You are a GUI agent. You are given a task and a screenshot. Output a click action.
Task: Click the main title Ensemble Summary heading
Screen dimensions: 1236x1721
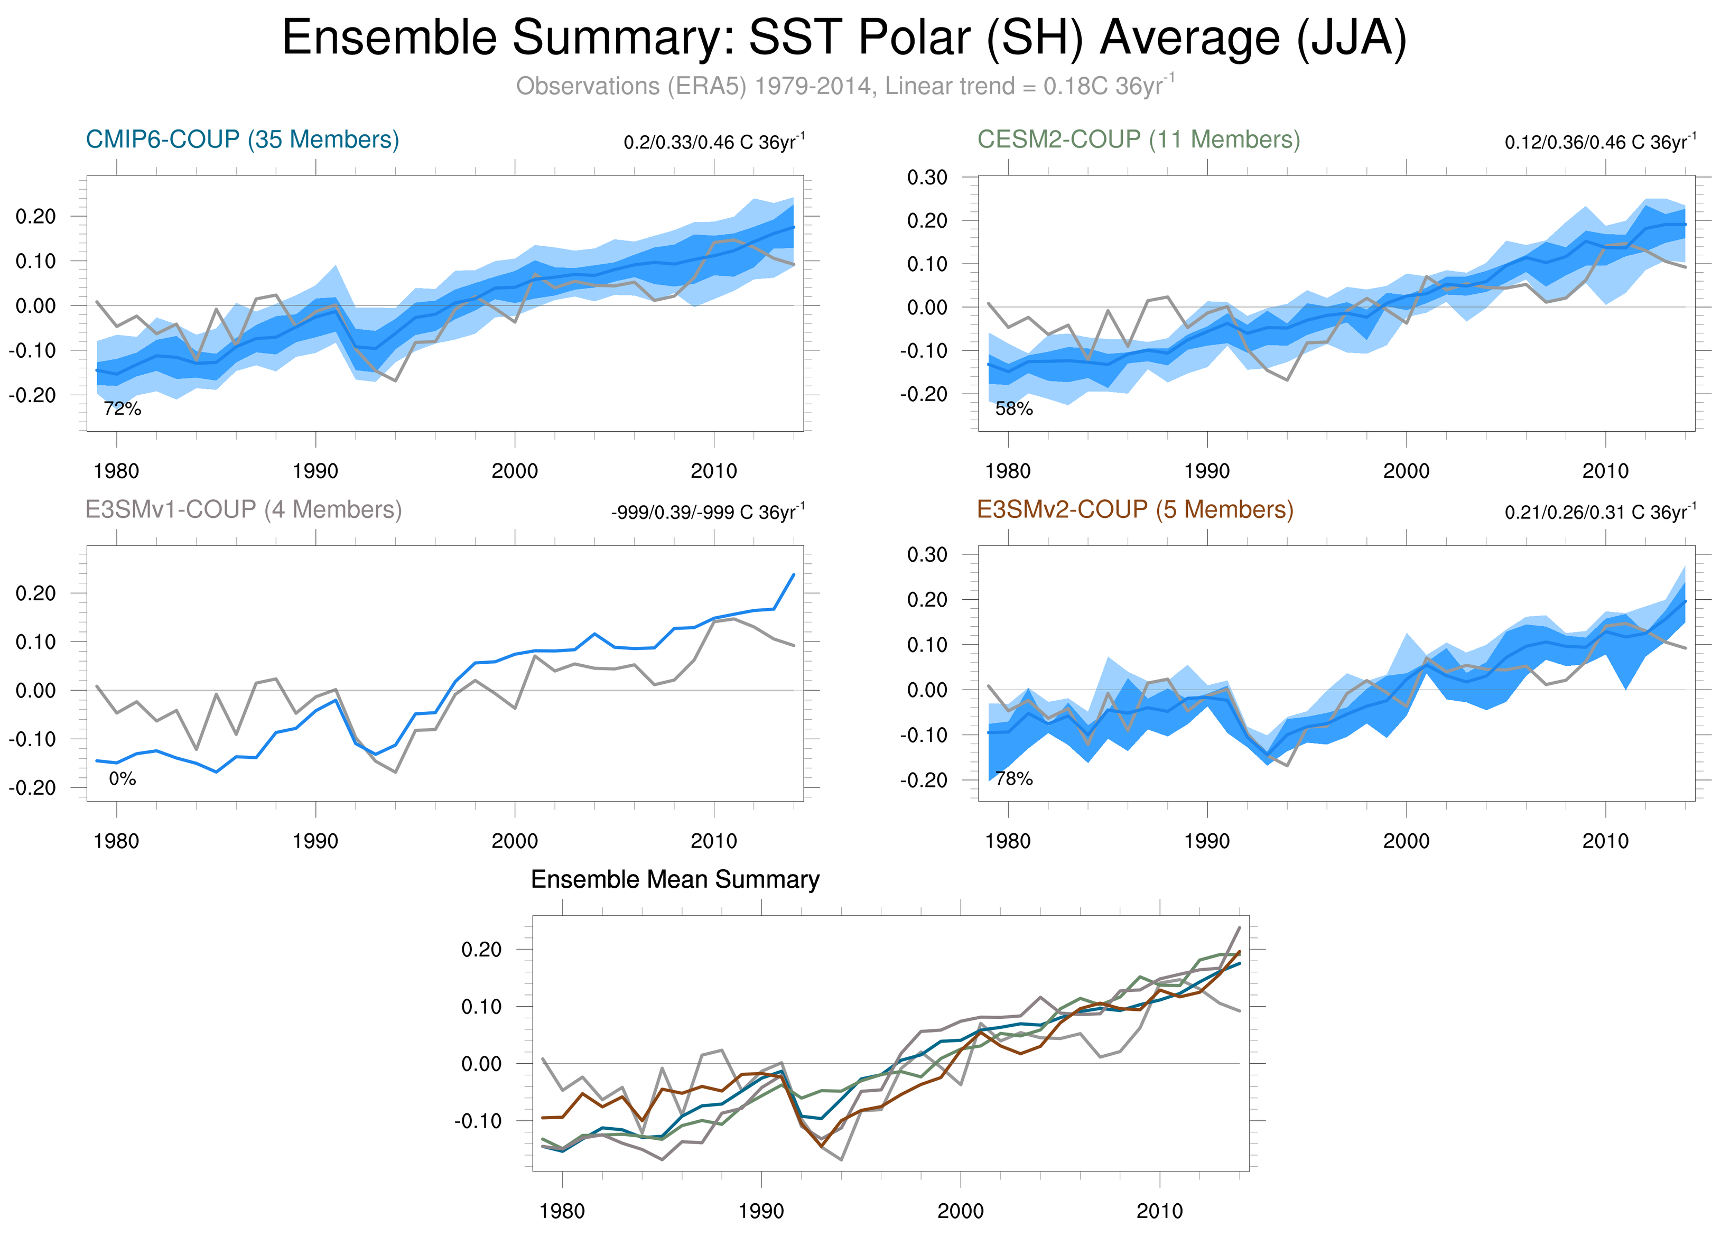[844, 38]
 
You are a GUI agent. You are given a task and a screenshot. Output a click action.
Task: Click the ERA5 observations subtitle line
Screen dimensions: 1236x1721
[844, 86]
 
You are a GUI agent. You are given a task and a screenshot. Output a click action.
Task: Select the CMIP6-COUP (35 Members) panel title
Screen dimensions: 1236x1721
[242, 140]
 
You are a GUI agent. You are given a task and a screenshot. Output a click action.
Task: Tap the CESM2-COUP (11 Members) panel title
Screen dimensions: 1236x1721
[1138, 140]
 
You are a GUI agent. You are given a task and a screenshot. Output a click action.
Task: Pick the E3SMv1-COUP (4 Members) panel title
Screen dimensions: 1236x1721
[244, 509]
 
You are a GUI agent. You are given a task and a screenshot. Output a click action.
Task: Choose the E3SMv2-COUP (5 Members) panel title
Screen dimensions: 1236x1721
[1135, 509]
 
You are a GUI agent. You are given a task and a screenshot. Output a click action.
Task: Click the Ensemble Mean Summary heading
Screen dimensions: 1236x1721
[675, 879]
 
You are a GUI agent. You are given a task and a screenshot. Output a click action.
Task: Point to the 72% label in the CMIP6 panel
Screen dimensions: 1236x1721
[122, 409]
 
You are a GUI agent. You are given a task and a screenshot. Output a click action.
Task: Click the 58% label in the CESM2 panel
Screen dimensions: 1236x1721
[1014, 409]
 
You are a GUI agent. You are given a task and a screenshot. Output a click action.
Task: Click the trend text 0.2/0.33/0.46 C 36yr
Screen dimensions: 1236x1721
[713, 142]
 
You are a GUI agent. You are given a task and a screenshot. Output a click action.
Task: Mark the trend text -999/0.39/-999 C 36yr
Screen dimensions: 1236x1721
[707, 512]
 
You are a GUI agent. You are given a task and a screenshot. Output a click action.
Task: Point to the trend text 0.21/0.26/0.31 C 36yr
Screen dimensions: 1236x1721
[1599, 512]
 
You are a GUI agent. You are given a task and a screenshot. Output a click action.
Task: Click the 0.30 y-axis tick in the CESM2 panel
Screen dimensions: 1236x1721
[927, 178]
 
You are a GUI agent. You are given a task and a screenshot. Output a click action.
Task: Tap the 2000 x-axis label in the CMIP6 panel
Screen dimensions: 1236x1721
[515, 471]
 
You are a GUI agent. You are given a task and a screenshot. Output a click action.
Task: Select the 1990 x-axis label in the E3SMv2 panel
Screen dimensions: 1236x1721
[1206, 841]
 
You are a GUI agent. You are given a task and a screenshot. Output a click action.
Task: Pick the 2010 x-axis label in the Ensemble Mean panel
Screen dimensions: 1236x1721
[1159, 1211]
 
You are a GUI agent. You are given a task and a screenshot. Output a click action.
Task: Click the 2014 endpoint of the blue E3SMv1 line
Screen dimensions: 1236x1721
[794, 574]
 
